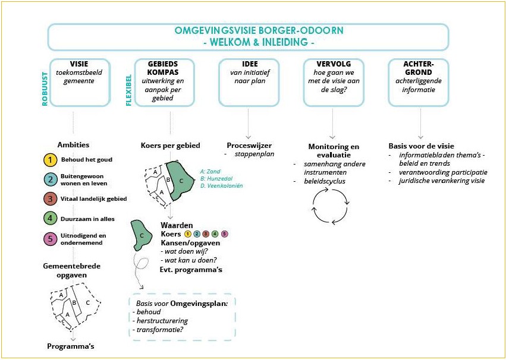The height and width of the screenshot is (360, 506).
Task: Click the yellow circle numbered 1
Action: [50, 160]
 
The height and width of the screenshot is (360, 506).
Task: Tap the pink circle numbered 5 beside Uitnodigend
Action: [50, 239]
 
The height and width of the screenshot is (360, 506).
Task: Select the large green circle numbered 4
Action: [50, 219]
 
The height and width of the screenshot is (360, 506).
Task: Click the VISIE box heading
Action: [78, 64]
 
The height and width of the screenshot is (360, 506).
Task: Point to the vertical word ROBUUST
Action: [45, 89]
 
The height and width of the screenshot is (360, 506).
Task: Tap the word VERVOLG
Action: [334, 64]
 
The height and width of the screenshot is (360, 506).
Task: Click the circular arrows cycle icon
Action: [331, 206]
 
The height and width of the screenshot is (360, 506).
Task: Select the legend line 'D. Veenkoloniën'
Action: [221, 185]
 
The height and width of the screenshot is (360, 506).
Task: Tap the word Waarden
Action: [177, 225]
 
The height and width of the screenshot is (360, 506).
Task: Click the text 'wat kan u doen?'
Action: [184, 260]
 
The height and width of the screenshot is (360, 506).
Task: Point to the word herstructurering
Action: [162, 321]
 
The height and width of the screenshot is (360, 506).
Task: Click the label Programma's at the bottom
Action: [71, 346]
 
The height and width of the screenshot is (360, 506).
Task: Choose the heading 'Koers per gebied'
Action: [171, 146]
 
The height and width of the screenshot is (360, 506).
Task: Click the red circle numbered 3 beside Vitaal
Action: [50, 199]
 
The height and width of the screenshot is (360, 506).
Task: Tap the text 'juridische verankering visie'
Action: [442, 181]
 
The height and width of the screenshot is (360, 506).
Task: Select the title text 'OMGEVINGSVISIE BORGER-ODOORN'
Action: [259, 31]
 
